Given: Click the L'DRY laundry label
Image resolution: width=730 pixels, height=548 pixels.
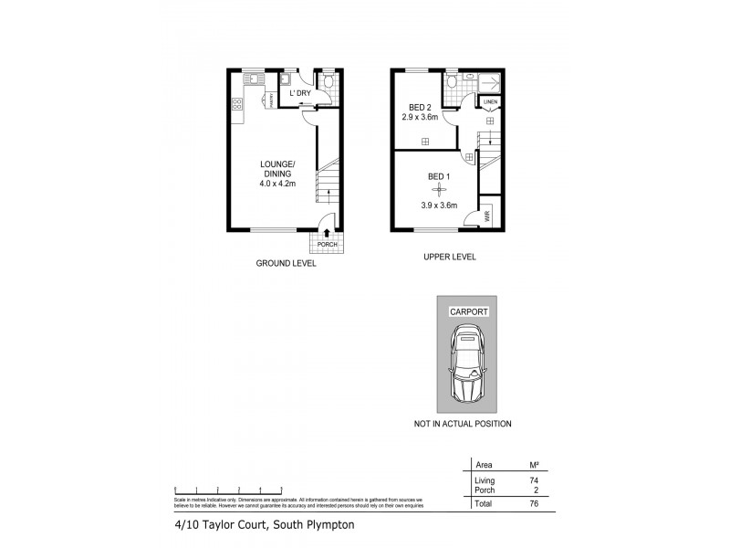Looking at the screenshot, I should (300, 93).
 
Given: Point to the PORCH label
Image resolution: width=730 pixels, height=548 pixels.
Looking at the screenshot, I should (327, 245).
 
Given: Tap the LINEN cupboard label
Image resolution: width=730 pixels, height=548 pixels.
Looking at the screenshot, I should (490, 101).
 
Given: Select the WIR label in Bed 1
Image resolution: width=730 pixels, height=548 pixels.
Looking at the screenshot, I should (488, 216).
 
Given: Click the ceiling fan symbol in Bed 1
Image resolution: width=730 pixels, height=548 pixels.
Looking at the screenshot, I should (439, 190).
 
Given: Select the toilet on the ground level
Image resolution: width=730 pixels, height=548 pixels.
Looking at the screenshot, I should (328, 82).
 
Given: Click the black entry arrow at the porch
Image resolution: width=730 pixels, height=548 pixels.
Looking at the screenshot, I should (327, 234).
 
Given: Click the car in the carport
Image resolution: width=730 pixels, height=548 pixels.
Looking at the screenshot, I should (465, 370).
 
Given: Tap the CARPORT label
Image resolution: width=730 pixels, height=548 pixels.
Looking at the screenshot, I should (468, 311).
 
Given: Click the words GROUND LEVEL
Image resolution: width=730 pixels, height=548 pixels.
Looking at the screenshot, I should (286, 264).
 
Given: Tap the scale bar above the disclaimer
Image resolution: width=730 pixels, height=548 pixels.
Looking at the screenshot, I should (228, 491).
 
